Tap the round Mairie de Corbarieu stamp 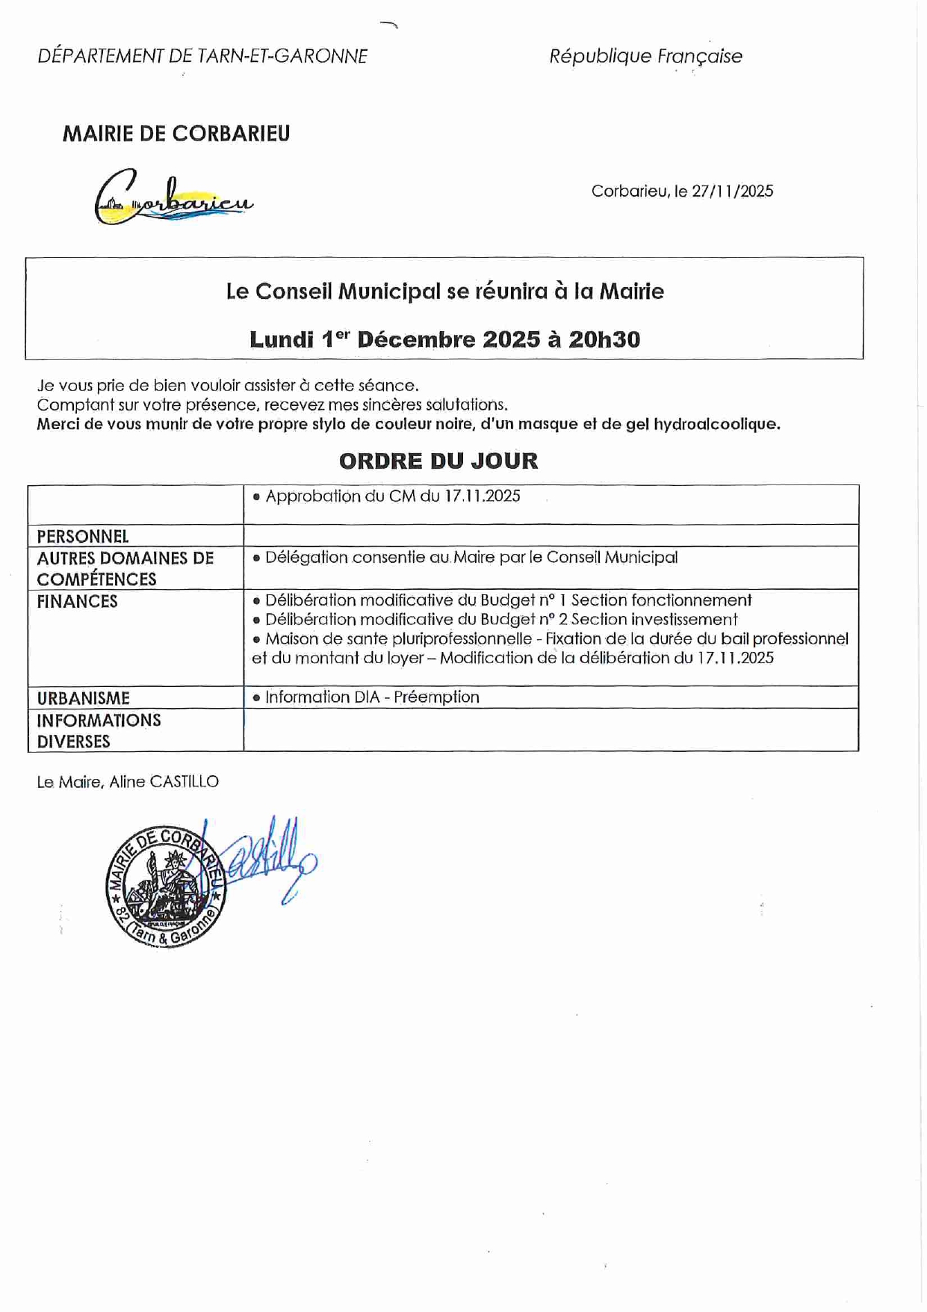166,887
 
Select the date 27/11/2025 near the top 732,191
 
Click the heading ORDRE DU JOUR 438,461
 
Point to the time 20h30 604,339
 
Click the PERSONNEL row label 83,537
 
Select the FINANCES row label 78,602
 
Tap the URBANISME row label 84,698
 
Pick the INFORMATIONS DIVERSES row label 99,731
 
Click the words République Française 645,56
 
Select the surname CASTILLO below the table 184,782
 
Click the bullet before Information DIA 256,697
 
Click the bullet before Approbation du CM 256,496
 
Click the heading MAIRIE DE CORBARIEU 176,134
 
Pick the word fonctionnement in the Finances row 692,600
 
